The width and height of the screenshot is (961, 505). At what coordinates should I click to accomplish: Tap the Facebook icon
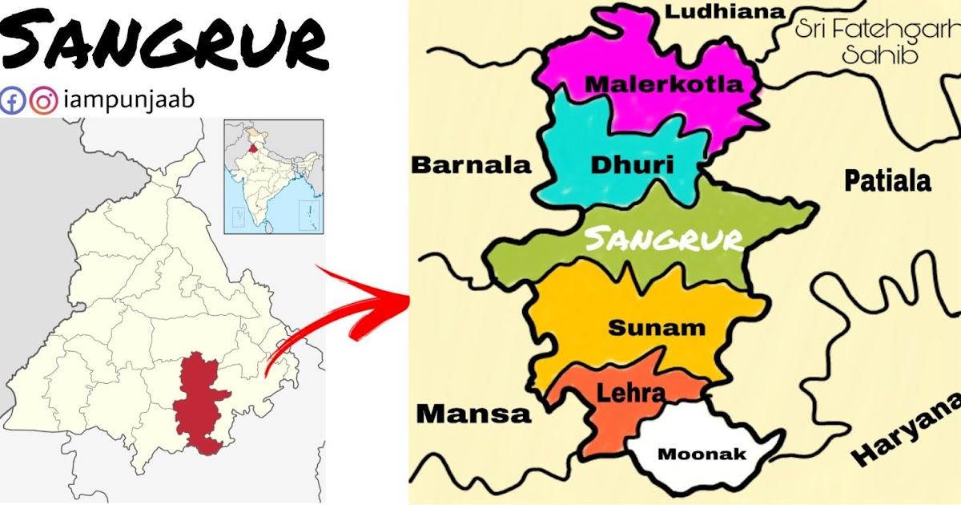pos(12,101)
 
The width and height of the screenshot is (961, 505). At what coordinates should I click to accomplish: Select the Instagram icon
pos(43,101)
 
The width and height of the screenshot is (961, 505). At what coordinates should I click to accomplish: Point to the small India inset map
pos(273,176)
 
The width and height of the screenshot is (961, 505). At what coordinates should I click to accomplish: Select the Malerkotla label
pos(664,84)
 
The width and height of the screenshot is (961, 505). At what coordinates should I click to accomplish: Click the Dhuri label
pos(632,165)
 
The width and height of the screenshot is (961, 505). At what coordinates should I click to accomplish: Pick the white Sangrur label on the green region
pos(663,239)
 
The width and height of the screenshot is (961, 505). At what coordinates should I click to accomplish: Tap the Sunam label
pos(657,327)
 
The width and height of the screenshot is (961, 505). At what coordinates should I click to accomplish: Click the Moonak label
pos(702,454)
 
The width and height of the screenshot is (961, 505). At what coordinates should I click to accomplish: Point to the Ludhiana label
pos(725,11)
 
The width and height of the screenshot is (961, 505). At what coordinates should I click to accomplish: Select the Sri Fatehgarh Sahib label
pos(876,42)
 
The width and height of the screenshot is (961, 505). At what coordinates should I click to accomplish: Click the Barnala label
pos(471,165)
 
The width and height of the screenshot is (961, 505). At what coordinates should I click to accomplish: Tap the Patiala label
pos(888,181)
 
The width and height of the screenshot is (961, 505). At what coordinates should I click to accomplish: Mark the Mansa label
pos(473,414)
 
